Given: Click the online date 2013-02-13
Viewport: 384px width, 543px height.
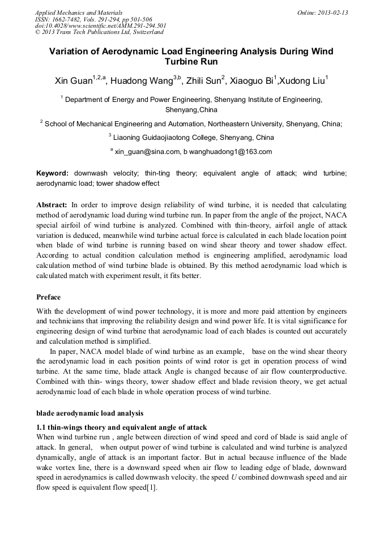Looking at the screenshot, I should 333,12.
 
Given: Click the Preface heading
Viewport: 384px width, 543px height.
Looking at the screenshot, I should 48,297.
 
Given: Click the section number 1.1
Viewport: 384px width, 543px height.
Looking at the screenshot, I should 41,427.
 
